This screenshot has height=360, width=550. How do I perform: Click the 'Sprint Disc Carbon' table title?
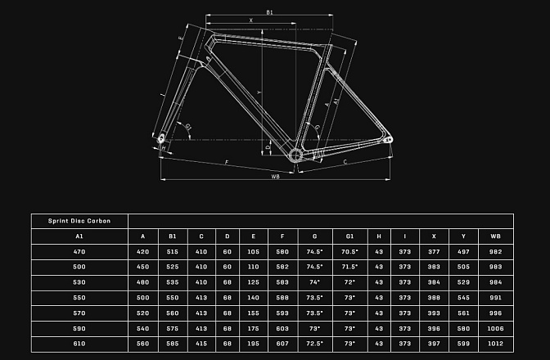click(79, 221)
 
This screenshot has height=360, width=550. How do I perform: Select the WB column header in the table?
click(495, 236)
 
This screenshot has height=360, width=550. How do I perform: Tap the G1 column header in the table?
click(349, 236)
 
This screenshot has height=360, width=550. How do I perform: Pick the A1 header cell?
click(79, 236)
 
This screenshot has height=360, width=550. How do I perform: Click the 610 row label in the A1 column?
click(79, 344)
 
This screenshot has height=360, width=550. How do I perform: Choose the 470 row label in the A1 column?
click(79, 252)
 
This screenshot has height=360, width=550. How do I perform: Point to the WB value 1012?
click(495, 344)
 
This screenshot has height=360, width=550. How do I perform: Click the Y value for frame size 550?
click(463, 298)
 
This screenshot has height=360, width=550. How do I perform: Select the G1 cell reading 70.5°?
click(349, 252)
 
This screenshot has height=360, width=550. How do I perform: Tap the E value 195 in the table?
click(253, 344)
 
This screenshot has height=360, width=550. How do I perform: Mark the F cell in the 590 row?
click(282, 328)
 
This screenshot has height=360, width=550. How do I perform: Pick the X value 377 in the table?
click(434, 252)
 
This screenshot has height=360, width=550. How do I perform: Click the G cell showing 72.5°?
click(314, 344)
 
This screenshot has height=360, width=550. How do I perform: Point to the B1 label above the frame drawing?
click(269, 12)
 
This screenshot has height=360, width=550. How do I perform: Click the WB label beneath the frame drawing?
click(275, 177)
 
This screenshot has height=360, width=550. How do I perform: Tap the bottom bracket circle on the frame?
click(295, 155)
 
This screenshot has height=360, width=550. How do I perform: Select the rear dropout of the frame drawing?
click(389, 140)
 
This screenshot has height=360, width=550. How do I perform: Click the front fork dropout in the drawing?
click(161, 138)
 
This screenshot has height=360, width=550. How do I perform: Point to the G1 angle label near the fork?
click(188, 127)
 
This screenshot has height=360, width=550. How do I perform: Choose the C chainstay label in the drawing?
click(345, 162)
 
